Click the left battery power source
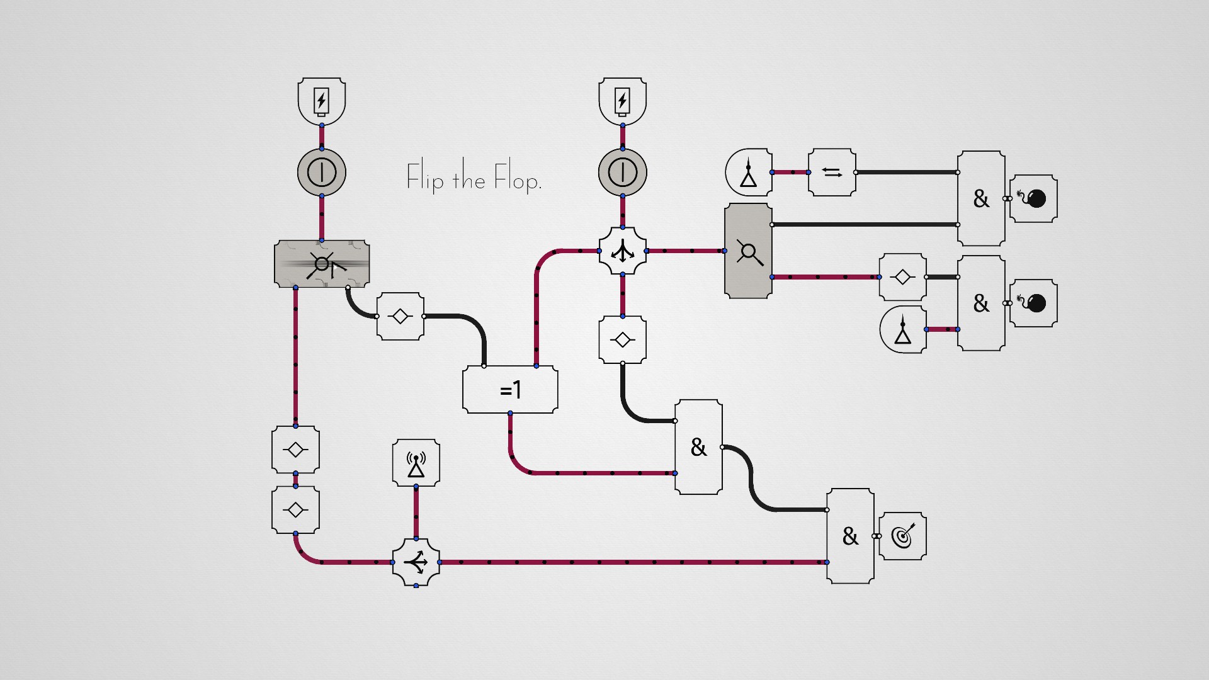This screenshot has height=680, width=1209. [321, 101]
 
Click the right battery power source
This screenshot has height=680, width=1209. [622, 101]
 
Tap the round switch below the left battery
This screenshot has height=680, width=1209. [321, 172]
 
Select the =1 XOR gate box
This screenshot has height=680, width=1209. [510, 390]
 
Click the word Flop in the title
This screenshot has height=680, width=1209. [517, 179]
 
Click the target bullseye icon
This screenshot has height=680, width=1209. [902, 536]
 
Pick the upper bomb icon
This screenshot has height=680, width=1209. [1033, 199]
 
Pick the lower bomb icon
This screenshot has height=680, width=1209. [1033, 303]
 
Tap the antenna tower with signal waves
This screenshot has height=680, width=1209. [416, 463]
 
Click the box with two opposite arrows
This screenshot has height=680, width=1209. [832, 173]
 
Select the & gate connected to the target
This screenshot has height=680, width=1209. [850, 536]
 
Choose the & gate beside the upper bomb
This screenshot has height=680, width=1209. [980, 198]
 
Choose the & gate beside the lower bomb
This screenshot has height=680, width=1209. [980, 303]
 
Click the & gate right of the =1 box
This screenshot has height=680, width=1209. [698, 447]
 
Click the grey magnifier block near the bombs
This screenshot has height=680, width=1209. [748, 251]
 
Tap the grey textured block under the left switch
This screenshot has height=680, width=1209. [322, 263]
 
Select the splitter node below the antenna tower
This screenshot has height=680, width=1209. [416, 562]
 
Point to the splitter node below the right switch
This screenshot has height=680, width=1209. [622, 251]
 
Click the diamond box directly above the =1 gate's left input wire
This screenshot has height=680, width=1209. [400, 316]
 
